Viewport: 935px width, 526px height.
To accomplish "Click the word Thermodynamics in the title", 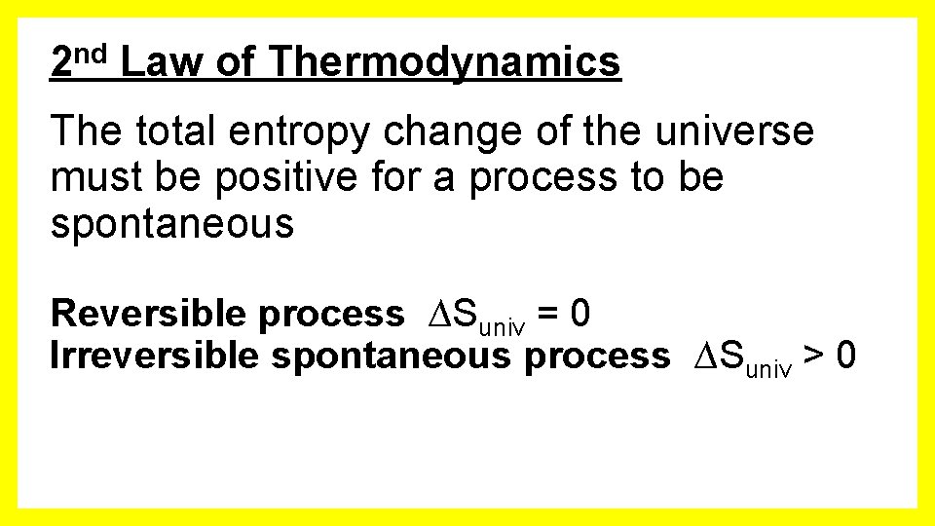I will click(x=444, y=63).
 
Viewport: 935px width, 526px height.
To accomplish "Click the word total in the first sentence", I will click(x=172, y=131).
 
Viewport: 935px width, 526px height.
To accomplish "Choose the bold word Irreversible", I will click(x=156, y=356).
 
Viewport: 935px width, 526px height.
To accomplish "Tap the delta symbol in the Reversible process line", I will click(x=439, y=314).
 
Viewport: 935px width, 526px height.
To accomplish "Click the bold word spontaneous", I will click(x=393, y=357).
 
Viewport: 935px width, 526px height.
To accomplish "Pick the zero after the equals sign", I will click(x=580, y=314).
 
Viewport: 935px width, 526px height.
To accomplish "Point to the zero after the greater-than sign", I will click(x=846, y=356).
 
